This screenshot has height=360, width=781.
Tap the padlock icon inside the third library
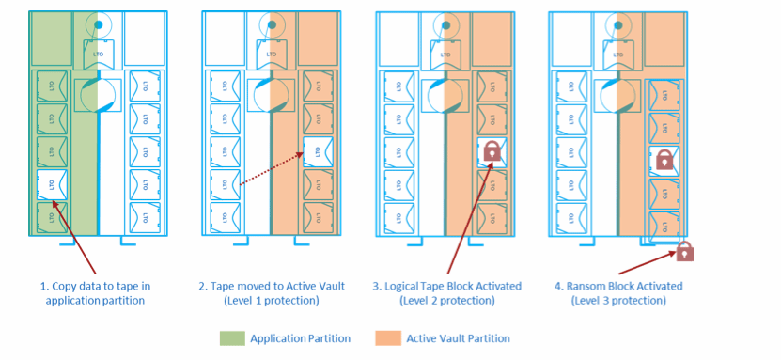pos(492,151)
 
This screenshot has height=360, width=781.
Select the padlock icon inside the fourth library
pos(664,159)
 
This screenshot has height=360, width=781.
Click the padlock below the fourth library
pos(685,251)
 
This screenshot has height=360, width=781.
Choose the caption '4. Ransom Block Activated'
pos(617,286)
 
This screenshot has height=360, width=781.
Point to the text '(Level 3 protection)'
pos(617,301)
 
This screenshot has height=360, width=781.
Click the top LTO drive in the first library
pos(97,53)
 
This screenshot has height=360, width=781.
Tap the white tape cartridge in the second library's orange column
pos(319,151)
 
